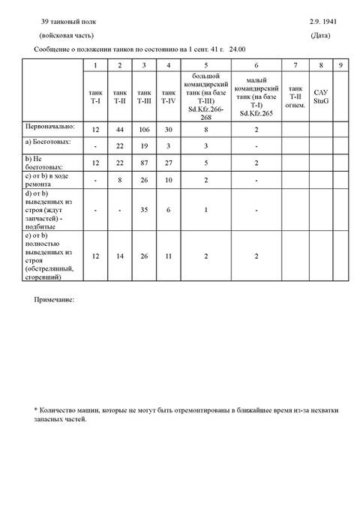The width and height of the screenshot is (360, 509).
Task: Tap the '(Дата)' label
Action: pos(322,36)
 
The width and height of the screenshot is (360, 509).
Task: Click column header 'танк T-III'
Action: pos(144,97)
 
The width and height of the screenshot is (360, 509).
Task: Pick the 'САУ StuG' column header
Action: pos(322,97)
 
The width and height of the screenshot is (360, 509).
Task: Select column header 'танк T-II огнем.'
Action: pos(295,97)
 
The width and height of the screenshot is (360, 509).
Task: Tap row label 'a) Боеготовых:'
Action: pos(49,142)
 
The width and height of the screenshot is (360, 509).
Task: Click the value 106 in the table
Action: pos(144,130)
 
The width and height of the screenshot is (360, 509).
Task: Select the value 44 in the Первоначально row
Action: pos(120,130)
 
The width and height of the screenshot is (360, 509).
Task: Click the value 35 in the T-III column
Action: pos(144,210)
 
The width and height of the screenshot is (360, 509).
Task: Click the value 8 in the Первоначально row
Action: pos(205,130)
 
